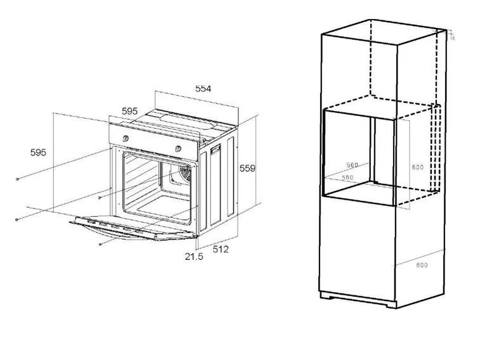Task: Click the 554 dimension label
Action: pyautogui.click(x=202, y=89)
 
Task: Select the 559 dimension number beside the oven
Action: pyautogui.click(x=247, y=168)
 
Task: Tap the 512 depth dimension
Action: pyautogui.click(x=220, y=249)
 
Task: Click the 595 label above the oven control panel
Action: pyautogui.click(x=129, y=111)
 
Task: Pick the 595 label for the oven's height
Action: pyautogui.click(x=38, y=152)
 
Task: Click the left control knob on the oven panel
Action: pyautogui.click(x=126, y=138)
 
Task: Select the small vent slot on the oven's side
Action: pyautogui.click(x=215, y=151)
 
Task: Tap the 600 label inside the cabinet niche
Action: pyautogui.click(x=417, y=167)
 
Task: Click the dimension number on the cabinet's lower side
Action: pyautogui.click(x=422, y=265)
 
